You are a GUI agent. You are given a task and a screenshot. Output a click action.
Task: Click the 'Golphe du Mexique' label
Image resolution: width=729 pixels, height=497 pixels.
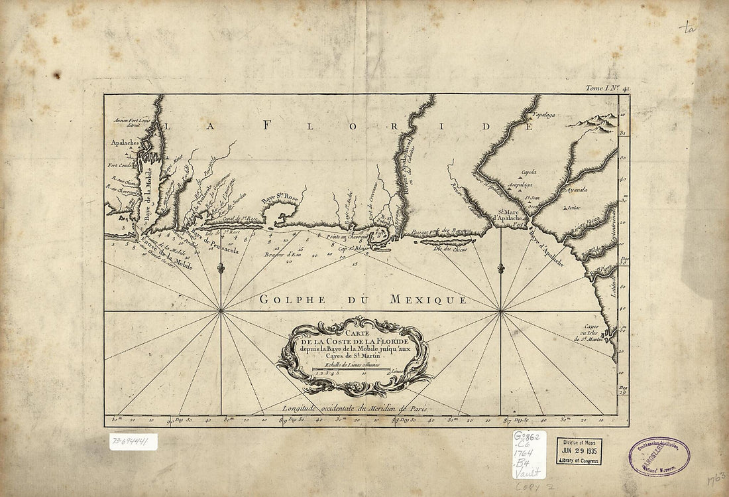363,299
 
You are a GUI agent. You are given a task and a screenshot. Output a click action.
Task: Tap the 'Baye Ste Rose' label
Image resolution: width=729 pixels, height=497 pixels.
279,198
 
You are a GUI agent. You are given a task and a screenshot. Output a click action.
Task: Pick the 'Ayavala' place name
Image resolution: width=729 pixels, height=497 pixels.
575,189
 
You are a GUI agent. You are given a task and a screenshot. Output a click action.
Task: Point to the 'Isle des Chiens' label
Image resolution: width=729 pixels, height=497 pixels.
450,249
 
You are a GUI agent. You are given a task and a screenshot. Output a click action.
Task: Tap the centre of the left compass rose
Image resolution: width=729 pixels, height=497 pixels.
221,310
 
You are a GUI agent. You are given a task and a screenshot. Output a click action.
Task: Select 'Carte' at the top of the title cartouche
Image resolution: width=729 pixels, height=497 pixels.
355,335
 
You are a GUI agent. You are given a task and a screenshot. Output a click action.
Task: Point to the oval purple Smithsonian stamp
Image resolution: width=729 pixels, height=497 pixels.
659,456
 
